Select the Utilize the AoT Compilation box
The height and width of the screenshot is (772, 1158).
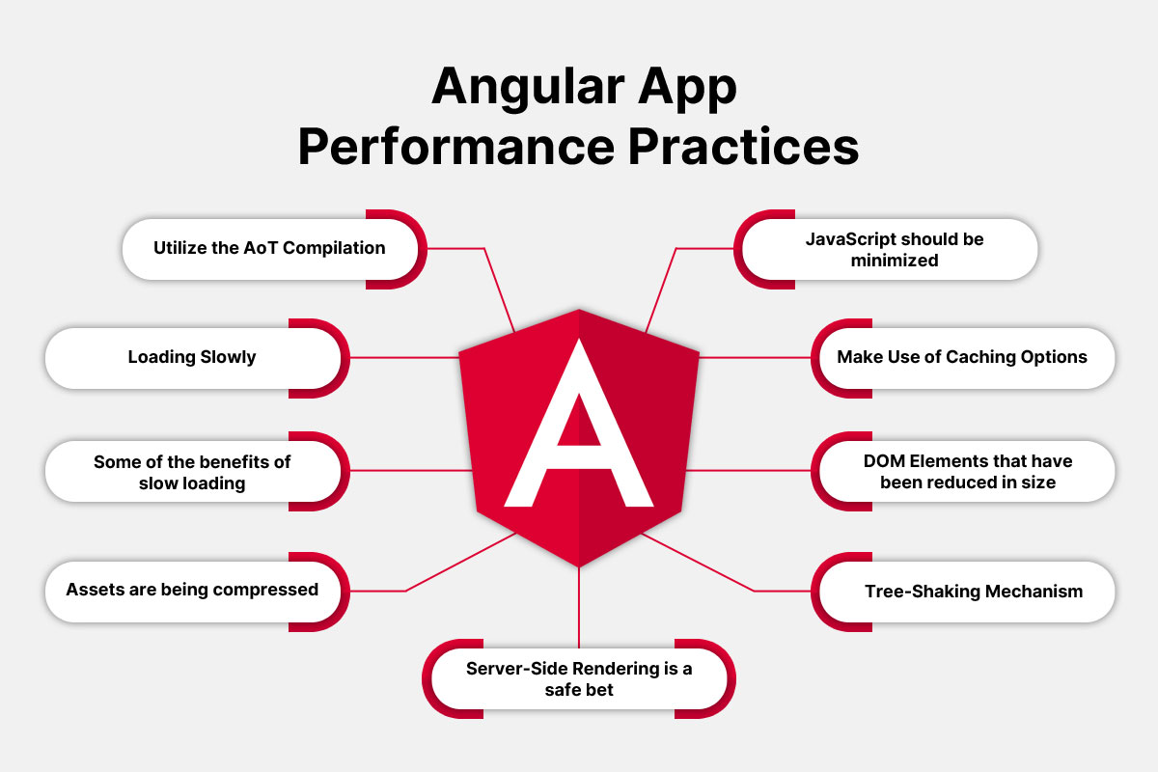[x=269, y=248]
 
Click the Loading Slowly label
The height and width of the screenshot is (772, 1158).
[x=192, y=357]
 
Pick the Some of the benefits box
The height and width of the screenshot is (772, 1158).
[x=192, y=472]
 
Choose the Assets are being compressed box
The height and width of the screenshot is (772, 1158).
[x=192, y=589]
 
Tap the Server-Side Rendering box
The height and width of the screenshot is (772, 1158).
[x=578, y=679]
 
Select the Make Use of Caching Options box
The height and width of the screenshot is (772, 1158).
[x=962, y=357]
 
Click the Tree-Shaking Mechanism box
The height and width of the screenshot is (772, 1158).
[x=973, y=591]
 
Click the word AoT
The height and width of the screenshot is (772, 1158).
[x=260, y=248]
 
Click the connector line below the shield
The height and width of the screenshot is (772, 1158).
[x=579, y=608]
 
